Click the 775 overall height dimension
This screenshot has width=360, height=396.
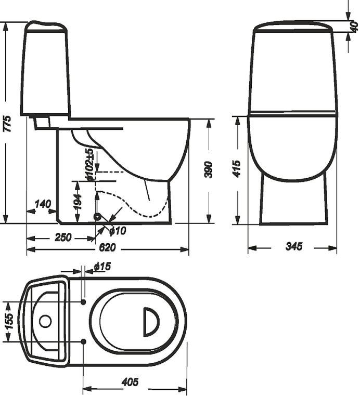tap(8, 124)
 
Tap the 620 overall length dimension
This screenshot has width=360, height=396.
tap(107, 247)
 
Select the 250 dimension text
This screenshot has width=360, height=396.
tap(63, 237)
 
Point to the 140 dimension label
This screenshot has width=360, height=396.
tap(43, 204)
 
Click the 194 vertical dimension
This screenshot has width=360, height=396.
tap(78, 202)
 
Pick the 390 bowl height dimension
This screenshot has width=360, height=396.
tap(209, 170)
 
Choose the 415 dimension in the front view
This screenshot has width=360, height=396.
tap(237, 169)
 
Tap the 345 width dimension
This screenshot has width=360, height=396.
tap(294, 246)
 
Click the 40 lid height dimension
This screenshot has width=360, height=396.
tap(355, 27)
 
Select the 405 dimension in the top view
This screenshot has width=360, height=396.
tap(130, 382)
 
